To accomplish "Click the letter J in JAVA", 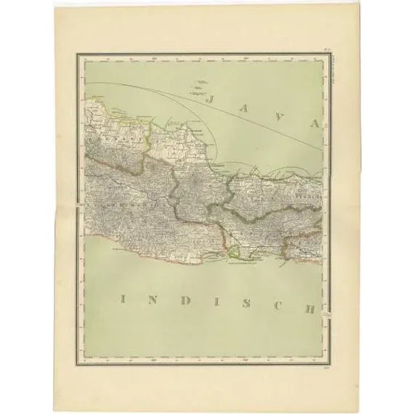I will click(x=214, y=97).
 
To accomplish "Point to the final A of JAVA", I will click(x=314, y=123).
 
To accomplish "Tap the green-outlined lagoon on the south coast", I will click(x=234, y=253).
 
